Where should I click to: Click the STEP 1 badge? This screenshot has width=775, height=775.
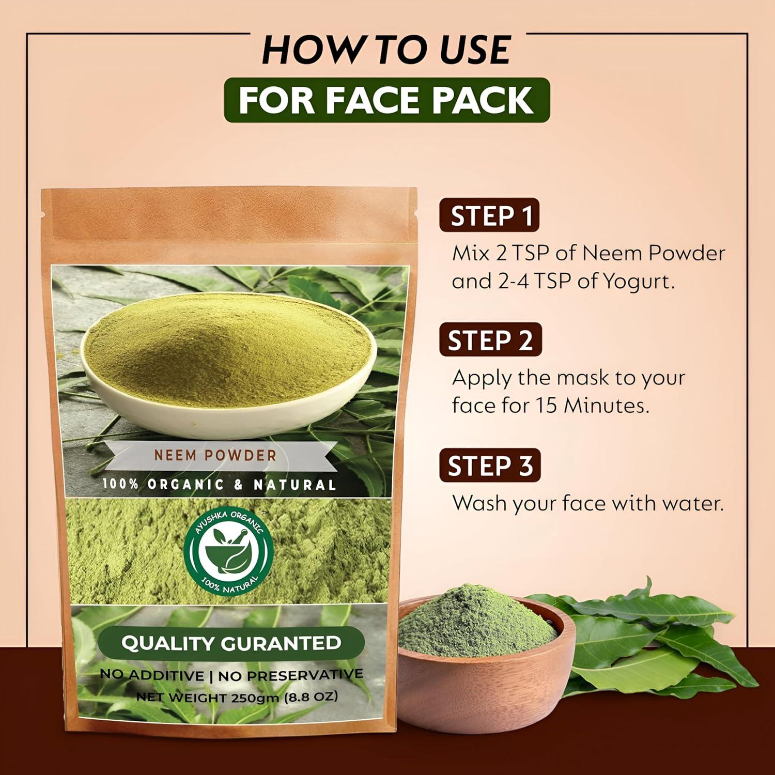pyautogui.click(x=489, y=215)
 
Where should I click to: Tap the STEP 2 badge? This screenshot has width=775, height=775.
pyautogui.click(x=490, y=340)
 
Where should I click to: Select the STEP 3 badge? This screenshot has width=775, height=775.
pyautogui.click(x=489, y=466)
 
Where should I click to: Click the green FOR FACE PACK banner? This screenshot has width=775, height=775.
pyautogui.click(x=386, y=100)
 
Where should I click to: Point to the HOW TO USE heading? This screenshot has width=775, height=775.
pyautogui.click(x=386, y=50)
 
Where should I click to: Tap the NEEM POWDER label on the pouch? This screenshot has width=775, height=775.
pyautogui.click(x=215, y=455)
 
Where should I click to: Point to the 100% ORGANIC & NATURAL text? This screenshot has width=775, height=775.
pyautogui.click(x=219, y=485)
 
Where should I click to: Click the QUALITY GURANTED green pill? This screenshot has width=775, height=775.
pyautogui.click(x=231, y=643)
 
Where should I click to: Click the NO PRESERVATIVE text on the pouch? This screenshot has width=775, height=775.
pyautogui.click(x=290, y=675)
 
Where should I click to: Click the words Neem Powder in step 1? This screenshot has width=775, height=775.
pyautogui.click(x=654, y=253)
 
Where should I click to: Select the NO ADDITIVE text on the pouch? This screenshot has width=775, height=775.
pyautogui.click(x=152, y=675)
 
